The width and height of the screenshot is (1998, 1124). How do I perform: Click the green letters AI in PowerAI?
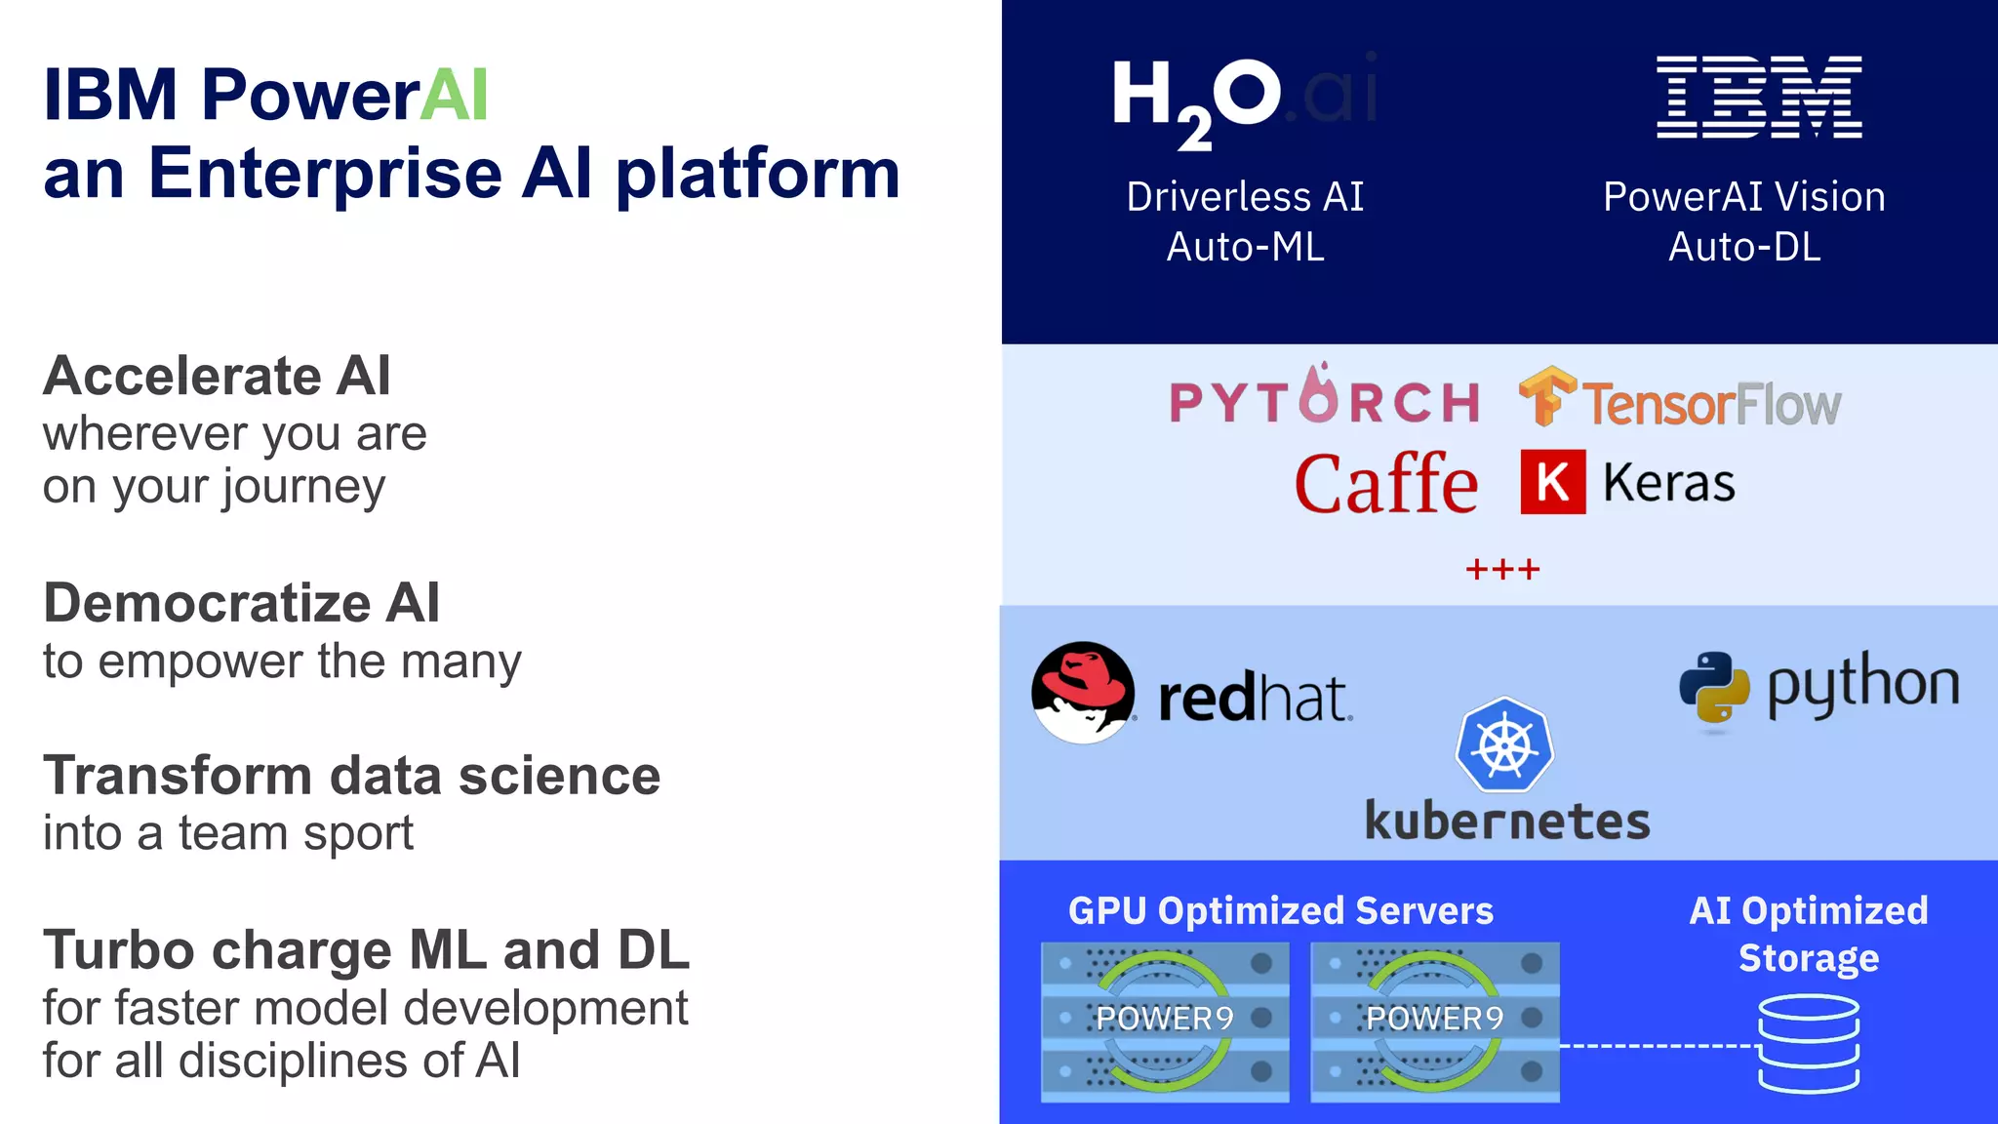(454, 96)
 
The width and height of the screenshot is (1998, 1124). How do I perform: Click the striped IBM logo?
(1759, 96)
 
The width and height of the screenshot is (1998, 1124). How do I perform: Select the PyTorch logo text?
(1324, 399)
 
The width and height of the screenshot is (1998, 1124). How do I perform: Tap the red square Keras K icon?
(1552, 482)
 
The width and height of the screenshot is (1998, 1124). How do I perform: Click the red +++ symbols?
(1502, 569)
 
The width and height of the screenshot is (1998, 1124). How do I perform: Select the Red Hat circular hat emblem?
(1083, 692)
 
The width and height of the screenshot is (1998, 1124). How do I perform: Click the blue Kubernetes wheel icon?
(1504, 745)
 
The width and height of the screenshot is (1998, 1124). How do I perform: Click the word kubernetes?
(1507, 822)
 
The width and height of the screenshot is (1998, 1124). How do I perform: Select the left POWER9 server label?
(1165, 1019)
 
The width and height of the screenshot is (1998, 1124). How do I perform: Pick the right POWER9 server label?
(1435, 1019)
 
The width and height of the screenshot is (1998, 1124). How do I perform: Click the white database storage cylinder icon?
(1809, 1043)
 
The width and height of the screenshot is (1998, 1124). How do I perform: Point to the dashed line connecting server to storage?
(1658, 1046)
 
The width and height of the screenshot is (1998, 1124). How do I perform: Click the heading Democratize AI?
(242, 602)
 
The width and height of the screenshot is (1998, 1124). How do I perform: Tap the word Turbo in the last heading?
(118, 950)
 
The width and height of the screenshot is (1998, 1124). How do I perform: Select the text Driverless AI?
(1245, 197)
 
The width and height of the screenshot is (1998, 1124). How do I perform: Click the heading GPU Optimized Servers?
(1280, 910)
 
